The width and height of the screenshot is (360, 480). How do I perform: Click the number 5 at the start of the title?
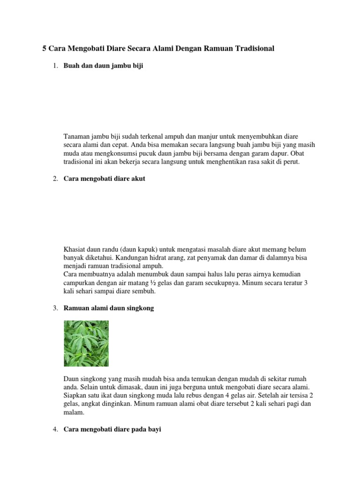click(x=45, y=48)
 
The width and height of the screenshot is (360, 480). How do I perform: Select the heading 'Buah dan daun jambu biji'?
click(x=103, y=66)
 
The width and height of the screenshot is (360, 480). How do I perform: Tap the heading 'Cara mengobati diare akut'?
click(x=105, y=179)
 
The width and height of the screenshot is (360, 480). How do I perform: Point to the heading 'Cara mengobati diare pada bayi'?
click(x=112, y=429)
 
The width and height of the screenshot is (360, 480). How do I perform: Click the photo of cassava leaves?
click(x=86, y=343)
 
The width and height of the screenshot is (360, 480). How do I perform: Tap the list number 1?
click(x=54, y=66)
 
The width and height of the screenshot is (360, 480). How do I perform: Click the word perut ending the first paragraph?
click(x=291, y=162)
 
